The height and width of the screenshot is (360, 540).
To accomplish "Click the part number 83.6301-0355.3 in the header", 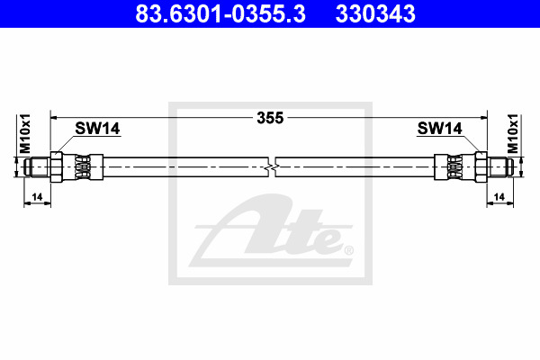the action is (220, 14).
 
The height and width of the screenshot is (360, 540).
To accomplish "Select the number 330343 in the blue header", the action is (375, 14).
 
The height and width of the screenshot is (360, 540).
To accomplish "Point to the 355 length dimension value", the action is (270, 118).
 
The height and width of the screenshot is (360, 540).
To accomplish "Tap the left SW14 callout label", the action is (97, 129).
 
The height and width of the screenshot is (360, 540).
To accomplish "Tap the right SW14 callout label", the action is (439, 129).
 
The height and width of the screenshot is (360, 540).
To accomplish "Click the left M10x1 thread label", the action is (25, 134).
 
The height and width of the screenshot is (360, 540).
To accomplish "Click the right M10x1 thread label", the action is (513, 134).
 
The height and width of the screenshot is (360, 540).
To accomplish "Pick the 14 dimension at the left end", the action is (37, 197).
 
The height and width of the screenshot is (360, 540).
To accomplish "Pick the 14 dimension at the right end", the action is (499, 197).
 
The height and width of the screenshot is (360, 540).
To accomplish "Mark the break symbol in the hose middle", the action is (272, 167).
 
